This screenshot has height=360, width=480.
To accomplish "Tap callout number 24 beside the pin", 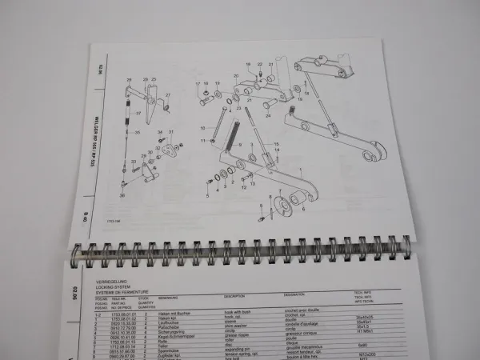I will [266, 114].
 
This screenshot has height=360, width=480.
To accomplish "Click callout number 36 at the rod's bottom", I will [123, 194].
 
